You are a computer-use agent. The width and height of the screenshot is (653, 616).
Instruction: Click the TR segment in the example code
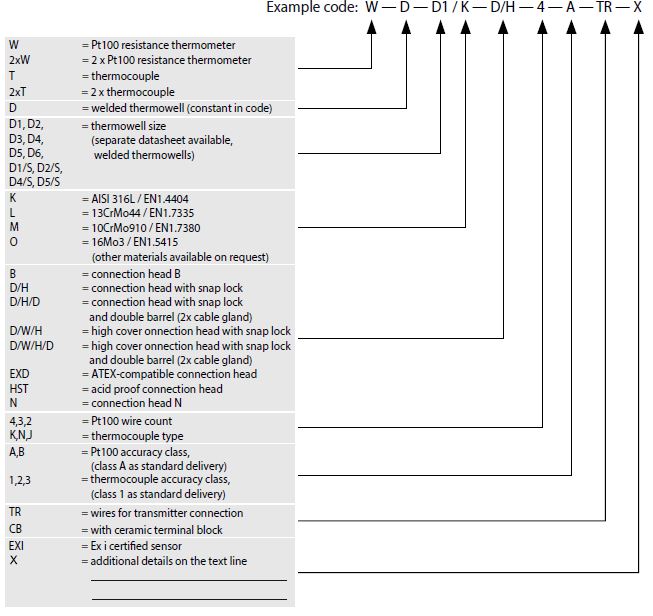click(x=604, y=7)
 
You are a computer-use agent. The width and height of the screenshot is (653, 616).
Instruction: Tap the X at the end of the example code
click(x=638, y=7)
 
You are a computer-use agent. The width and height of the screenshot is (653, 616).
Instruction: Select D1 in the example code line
click(x=439, y=7)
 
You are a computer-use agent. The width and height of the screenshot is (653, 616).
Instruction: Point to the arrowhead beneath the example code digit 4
click(x=542, y=27)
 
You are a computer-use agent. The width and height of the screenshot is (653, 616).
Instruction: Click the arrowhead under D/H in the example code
click(x=503, y=27)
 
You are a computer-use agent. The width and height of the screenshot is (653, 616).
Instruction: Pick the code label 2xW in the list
click(x=20, y=60)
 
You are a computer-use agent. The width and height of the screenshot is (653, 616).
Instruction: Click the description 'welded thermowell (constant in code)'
click(x=182, y=108)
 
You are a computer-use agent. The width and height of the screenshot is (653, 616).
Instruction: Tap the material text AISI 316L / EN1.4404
click(x=140, y=199)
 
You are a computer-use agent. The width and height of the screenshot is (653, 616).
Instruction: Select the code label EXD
click(x=19, y=374)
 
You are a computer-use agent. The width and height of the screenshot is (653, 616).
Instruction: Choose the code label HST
click(x=19, y=389)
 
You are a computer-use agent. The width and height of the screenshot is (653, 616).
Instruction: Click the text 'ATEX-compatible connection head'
click(x=174, y=374)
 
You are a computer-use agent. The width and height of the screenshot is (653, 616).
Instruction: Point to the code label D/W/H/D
click(x=32, y=346)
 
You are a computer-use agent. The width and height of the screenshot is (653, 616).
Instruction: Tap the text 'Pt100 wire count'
click(x=132, y=421)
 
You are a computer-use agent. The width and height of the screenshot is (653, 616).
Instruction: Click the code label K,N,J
click(x=21, y=436)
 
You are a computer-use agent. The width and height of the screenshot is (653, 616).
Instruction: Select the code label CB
click(x=15, y=529)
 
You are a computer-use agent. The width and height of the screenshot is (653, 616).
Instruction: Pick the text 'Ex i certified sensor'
click(x=136, y=546)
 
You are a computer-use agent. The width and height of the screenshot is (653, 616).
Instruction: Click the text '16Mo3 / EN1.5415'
click(x=135, y=242)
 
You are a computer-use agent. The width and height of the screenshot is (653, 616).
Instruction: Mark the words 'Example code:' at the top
click(x=312, y=7)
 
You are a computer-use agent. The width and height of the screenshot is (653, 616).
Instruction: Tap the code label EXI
click(x=16, y=546)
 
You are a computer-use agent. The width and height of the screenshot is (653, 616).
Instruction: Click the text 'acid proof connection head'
click(x=157, y=389)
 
